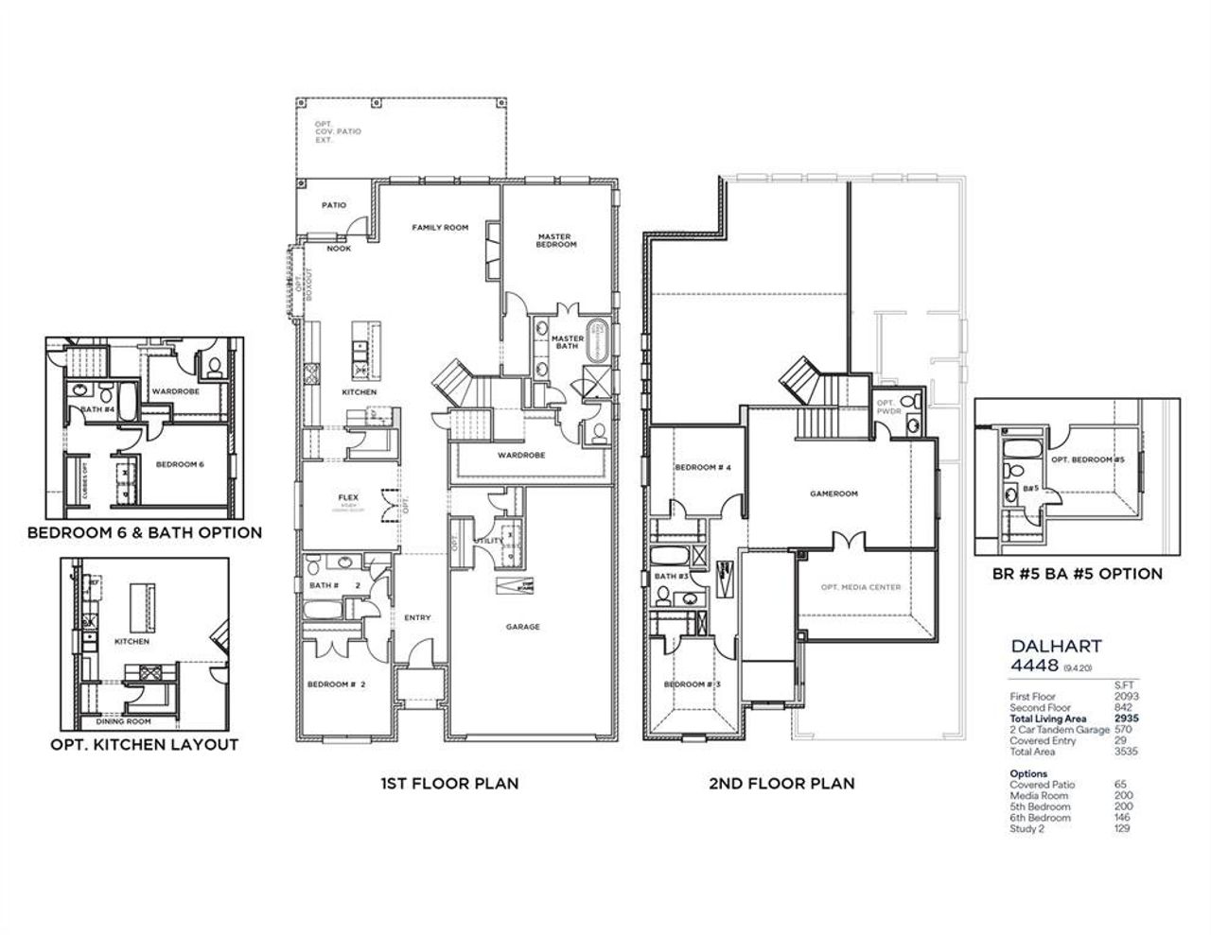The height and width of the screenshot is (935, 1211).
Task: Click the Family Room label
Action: click(440, 228)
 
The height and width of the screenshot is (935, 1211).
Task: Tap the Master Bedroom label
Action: click(556, 241)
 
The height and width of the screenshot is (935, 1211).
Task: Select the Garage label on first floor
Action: click(522, 627)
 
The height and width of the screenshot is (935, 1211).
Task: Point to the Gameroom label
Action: click(834, 493)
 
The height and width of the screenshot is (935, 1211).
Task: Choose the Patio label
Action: click(333, 205)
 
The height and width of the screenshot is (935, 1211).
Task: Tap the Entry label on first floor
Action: click(417, 618)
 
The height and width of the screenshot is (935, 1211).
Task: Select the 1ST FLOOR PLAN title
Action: click(449, 784)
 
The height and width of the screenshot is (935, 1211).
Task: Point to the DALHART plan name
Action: click(1056, 647)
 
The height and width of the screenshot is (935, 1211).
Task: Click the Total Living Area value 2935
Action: click(1126, 719)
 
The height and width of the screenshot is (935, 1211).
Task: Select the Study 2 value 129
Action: click(1122, 828)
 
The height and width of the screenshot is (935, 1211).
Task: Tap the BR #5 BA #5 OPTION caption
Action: click(1076, 574)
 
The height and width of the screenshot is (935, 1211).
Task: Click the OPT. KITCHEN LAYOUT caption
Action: click(144, 745)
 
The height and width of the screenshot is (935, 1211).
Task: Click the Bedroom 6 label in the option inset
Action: click(180, 464)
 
